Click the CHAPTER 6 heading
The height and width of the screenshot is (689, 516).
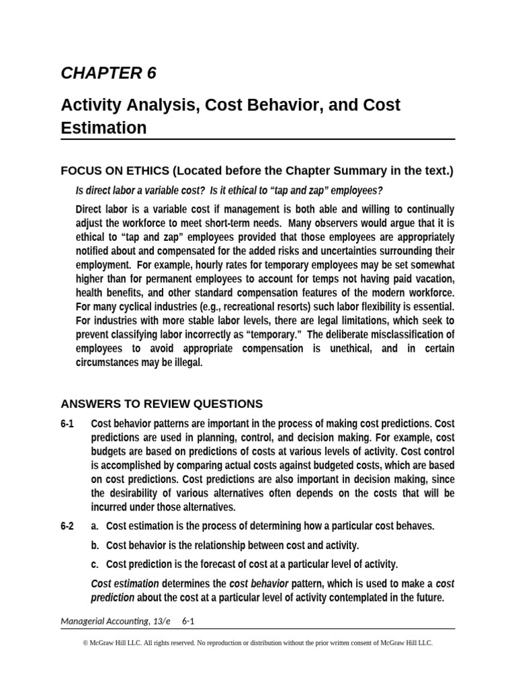[x=108, y=73]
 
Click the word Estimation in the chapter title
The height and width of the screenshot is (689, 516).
[x=103, y=128]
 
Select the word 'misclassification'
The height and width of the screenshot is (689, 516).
[x=408, y=335]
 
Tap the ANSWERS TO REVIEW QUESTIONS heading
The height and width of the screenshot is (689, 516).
[x=161, y=404]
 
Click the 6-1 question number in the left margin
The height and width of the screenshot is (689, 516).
[x=67, y=424]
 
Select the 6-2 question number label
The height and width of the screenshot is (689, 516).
[x=67, y=526]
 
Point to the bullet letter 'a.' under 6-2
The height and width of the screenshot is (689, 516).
[x=95, y=526]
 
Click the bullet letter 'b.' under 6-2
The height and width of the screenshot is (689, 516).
[x=95, y=545]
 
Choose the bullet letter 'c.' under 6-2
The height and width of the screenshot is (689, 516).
[x=95, y=564]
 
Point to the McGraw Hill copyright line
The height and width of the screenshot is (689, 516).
[x=257, y=643]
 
